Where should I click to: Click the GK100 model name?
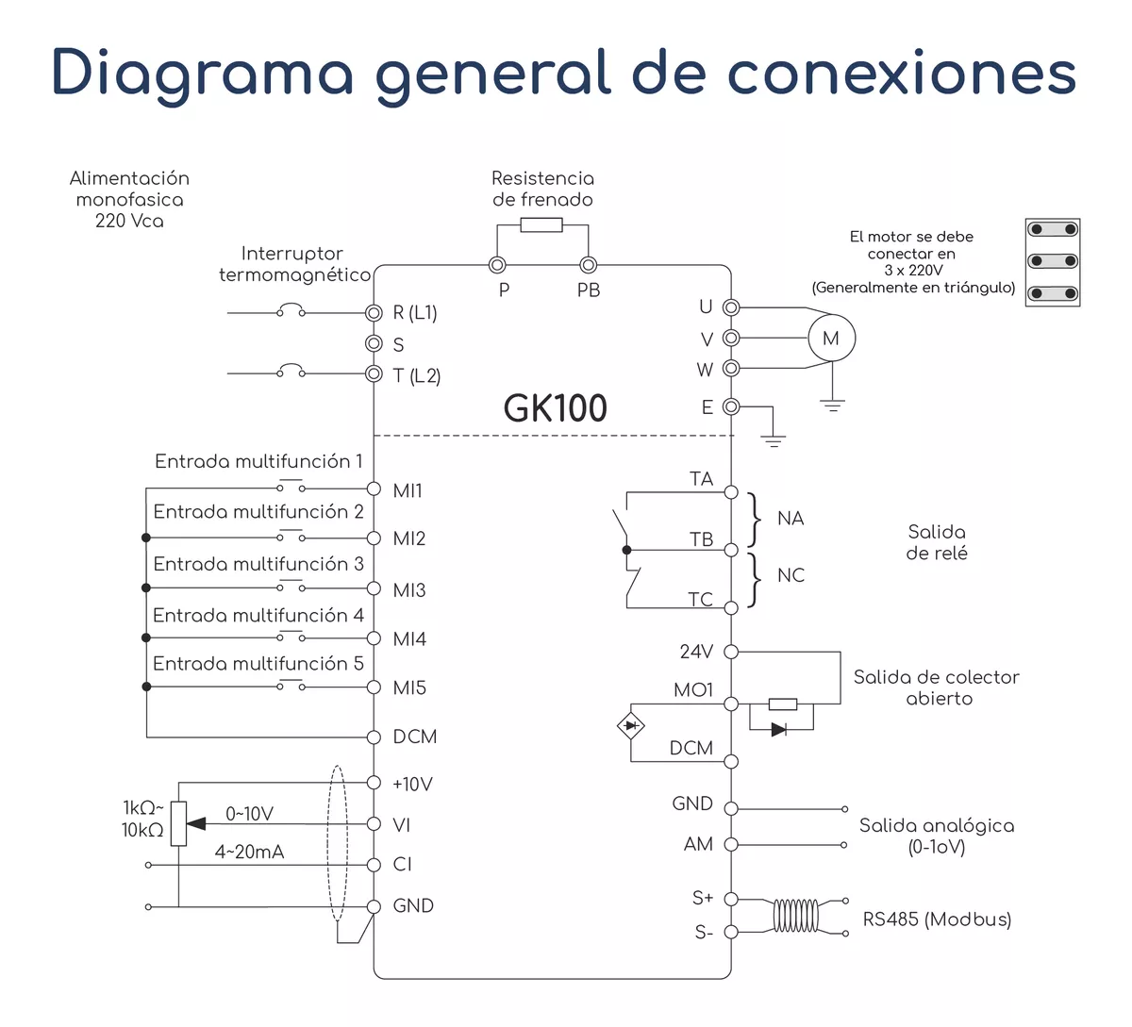(555, 408)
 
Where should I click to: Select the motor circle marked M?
(830, 339)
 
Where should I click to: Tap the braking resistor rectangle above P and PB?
(541, 225)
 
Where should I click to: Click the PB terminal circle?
(588, 265)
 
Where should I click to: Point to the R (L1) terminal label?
(415, 313)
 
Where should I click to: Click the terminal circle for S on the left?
(374, 343)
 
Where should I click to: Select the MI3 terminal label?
(409, 590)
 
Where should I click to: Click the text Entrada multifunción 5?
(258, 664)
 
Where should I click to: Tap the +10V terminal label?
(412, 785)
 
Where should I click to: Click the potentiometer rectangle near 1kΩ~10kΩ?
(178, 823)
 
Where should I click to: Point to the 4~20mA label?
(249, 853)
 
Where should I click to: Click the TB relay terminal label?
(701, 539)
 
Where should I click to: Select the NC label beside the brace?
(791, 575)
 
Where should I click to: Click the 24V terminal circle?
(731, 652)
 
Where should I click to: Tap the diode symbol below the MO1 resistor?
(779, 729)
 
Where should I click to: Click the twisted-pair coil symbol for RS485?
(795, 915)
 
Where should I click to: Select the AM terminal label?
(698, 845)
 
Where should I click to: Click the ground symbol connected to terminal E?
(773, 439)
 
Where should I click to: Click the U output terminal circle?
(731, 307)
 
